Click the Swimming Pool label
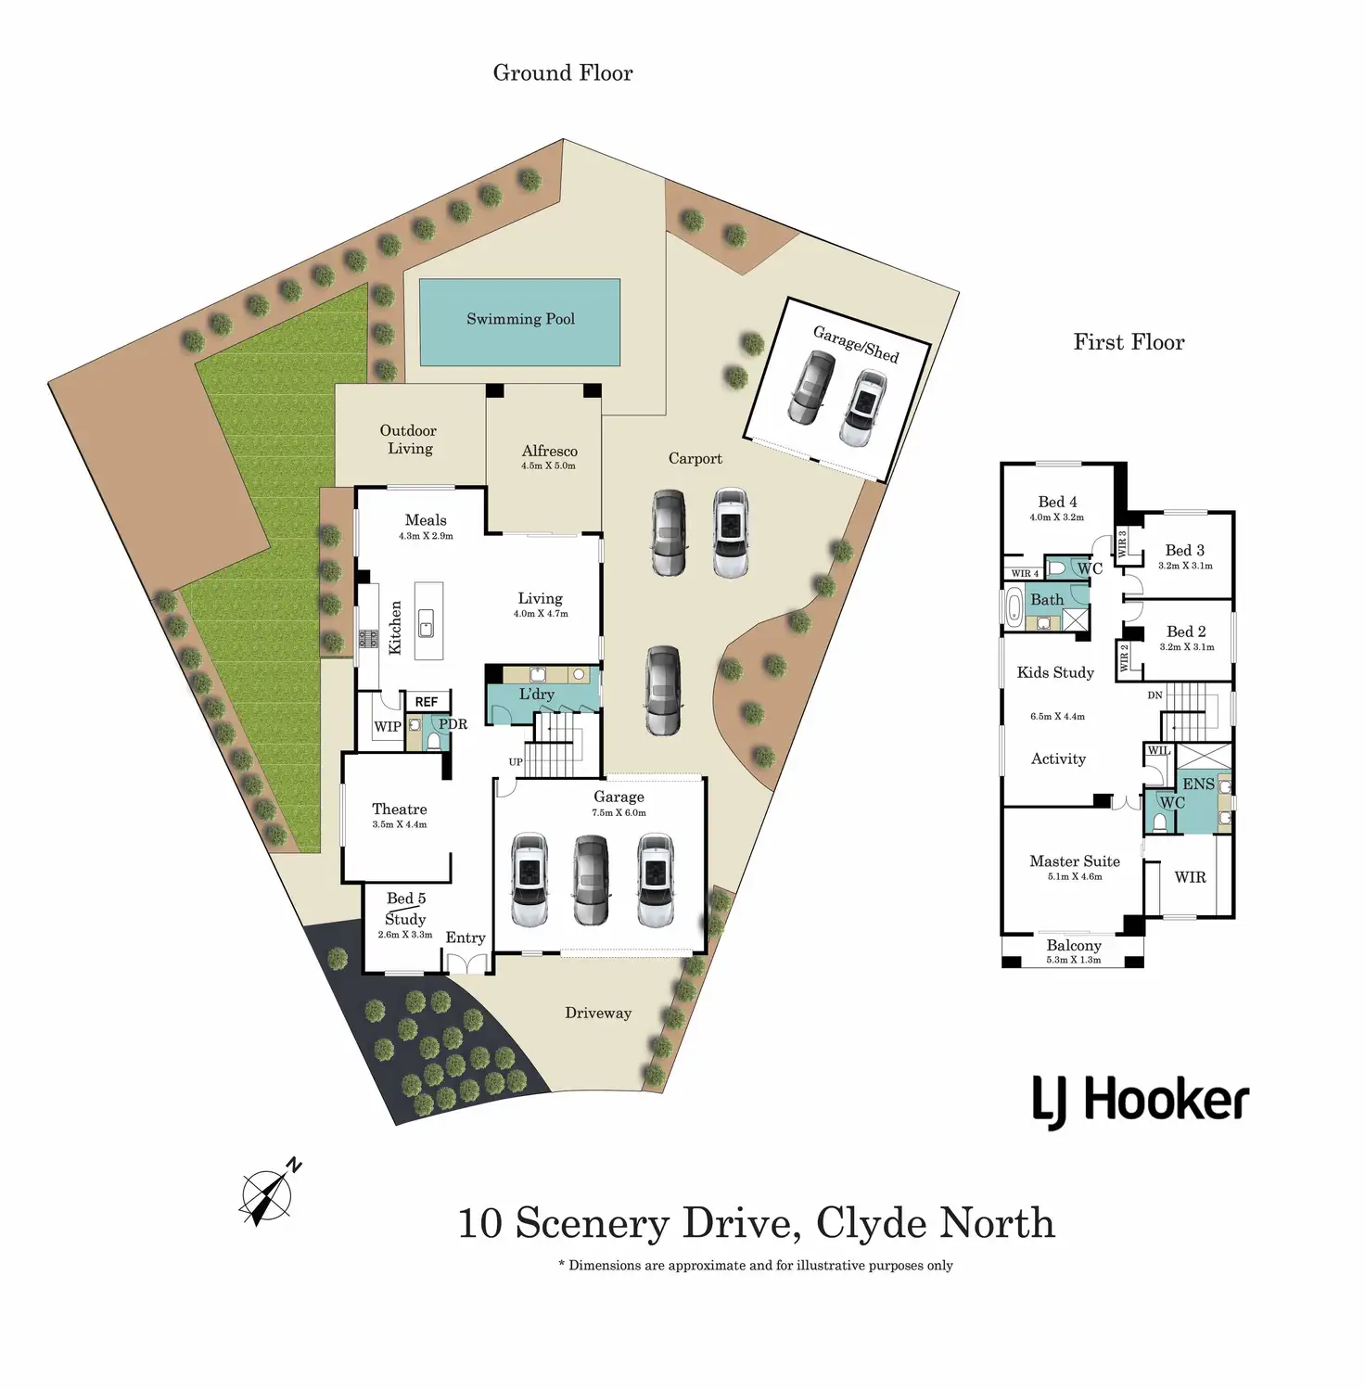[520, 319]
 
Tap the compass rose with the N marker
[269, 1192]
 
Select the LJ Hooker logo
[1141, 1102]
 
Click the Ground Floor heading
[563, 73]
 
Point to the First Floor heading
[1129, 342]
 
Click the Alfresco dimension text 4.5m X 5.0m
[548, 465]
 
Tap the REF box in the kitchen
[427, 702]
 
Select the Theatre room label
[400, 809]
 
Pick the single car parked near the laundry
[663, 691]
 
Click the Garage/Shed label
[856, 344]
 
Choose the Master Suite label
[1075, 861]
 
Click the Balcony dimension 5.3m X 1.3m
[1074, 960]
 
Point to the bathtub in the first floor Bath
[1014, 609]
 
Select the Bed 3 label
[1185, 550]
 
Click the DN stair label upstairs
[1155, 695]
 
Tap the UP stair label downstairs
[516, 762]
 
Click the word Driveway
[598, 1014]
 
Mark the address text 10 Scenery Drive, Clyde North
[757, 1223]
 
